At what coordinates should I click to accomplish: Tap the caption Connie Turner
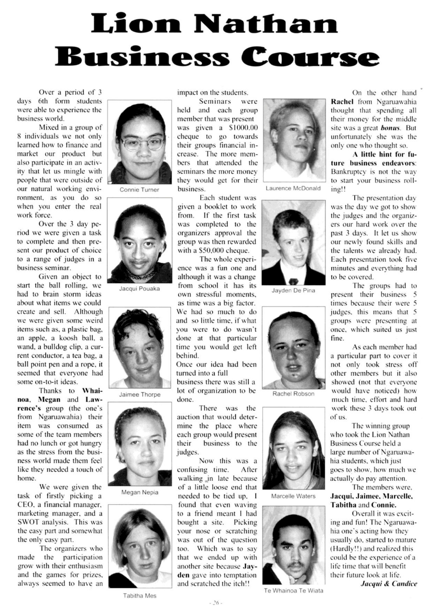(139, 190)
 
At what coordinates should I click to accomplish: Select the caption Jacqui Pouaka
(139, 288)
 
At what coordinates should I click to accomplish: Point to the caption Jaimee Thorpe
(140, 395)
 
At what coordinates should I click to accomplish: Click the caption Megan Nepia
(140, 492)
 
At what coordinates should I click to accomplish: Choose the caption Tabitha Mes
(140, 596)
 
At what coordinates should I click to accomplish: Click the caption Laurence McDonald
(293, 188)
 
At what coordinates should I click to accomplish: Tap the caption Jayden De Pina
(293, 290)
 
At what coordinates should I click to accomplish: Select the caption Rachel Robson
(293, 394)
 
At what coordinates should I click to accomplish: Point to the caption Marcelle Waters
(293, 496)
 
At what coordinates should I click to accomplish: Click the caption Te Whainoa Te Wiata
(293, 590)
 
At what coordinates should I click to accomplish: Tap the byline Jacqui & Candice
(389, 584)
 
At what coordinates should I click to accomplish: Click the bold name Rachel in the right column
(342, 102)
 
